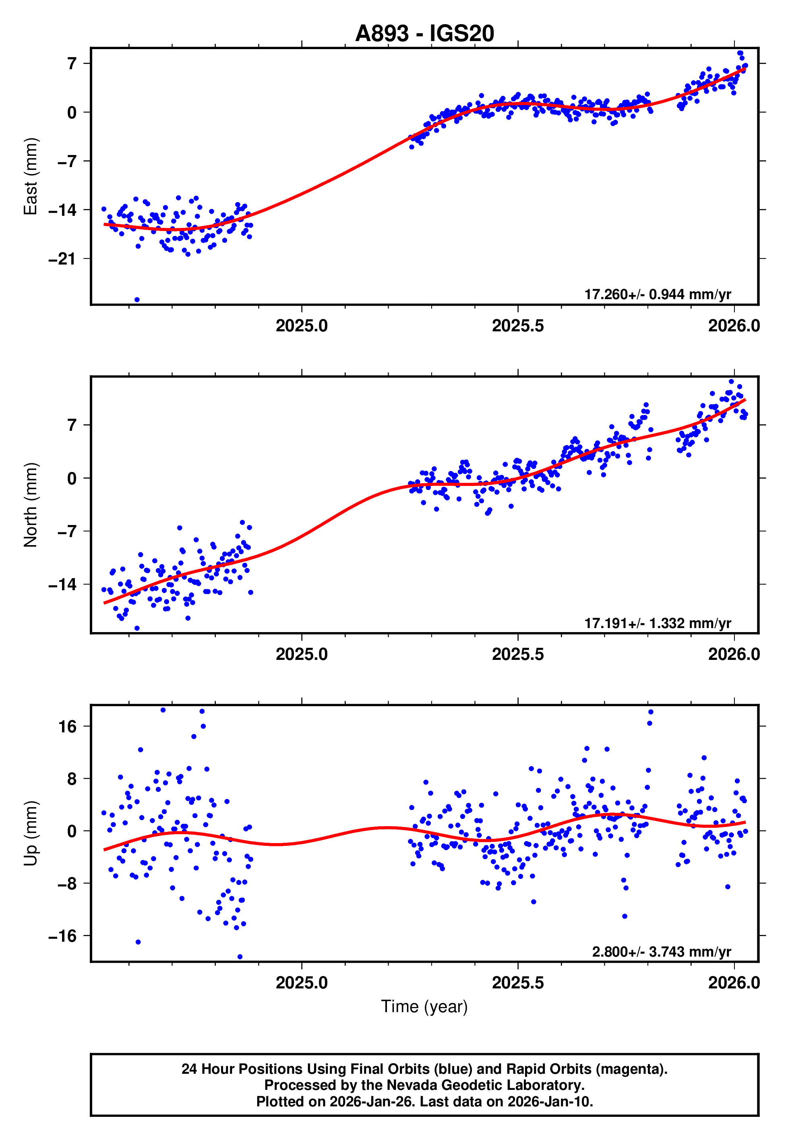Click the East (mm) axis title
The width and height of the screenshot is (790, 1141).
tap(31, 176)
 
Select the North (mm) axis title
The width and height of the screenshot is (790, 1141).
tap(31, 505)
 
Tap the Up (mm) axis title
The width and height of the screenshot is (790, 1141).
tap(31, 833)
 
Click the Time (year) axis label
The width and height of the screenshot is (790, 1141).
tap(424, 1007)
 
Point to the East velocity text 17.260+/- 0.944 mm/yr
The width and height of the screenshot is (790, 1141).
tap(658, 294)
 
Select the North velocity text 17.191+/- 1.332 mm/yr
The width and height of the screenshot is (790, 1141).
tap(658, 623)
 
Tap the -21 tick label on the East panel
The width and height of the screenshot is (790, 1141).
tap(62, 259)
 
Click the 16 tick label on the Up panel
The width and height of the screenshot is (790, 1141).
tap(67, 726)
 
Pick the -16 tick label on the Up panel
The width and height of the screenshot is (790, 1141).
tap(62, 936)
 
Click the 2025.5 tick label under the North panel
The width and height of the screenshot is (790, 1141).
tap(518, 654)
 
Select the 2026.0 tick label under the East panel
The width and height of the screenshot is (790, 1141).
tap(734, 326)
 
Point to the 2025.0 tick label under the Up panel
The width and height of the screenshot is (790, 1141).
tap(302, 983)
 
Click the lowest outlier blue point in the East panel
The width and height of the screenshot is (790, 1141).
tap(137, 300)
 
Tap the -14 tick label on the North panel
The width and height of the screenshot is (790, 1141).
tap(62, 584)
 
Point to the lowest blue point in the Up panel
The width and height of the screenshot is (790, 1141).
tap(240, 957)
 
